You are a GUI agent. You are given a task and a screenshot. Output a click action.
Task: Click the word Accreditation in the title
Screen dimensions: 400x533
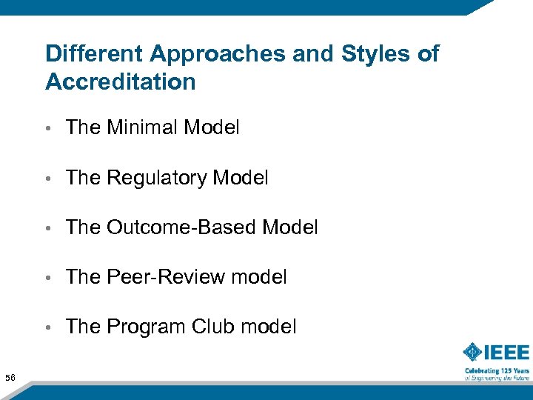[120, 81]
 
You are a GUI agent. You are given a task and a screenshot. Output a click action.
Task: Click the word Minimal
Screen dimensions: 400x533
[143, 127]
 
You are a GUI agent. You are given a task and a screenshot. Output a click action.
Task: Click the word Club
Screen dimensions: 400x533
[211, 327]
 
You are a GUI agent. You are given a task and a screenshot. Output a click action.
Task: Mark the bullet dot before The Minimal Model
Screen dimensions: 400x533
[50, 129]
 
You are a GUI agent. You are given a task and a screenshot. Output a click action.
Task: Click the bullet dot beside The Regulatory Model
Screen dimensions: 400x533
[50, 179]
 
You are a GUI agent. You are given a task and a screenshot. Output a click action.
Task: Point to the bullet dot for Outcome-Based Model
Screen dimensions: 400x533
[50, 228]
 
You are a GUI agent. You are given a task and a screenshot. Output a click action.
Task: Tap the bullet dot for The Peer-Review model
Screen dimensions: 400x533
[50, 278]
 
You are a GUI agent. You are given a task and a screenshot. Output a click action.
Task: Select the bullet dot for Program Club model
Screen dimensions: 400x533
[50, 327]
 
